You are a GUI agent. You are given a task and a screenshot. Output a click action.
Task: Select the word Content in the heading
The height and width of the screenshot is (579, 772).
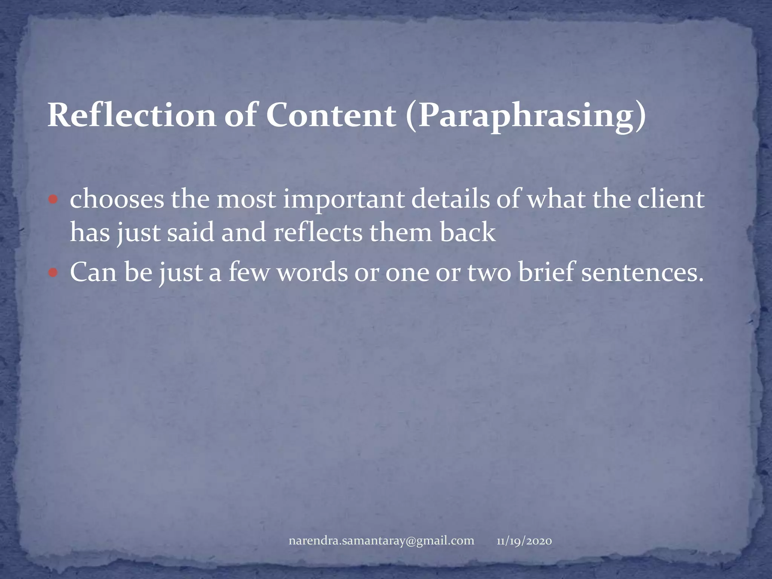click(x=331, y=115)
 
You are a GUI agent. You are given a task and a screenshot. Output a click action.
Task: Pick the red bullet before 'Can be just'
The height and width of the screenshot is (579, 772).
click(x=53, y=272)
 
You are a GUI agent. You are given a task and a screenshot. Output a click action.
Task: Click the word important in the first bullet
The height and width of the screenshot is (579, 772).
click(x=343, y=200)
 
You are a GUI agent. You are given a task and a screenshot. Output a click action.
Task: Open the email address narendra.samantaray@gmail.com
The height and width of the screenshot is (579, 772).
click(x=381, y=541)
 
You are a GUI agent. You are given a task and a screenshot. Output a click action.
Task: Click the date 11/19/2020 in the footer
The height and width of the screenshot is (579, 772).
click(x=524, y=541)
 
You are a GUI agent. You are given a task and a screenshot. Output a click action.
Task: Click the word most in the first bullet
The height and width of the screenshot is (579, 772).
click(x=246, y=200)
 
